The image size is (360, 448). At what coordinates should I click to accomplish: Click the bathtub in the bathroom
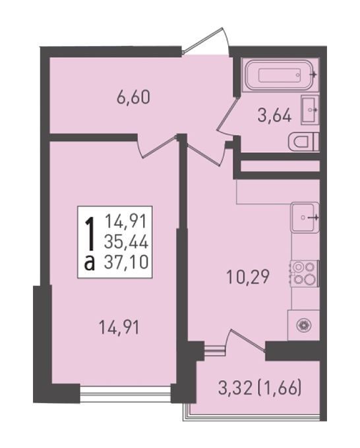[280, 75]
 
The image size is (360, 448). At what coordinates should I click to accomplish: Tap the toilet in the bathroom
[303, 142]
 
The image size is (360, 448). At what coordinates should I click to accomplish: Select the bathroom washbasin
[310, 110]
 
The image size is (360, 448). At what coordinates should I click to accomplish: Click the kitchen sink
[305, 217]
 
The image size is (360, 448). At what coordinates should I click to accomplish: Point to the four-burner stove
[305, 274]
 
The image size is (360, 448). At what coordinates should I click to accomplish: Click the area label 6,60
[133, 98]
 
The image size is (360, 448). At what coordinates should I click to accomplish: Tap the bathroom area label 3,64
[274, 117]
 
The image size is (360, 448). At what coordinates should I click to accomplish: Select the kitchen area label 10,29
[248, 277]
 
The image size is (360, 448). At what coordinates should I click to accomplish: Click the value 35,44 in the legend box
[126, 242]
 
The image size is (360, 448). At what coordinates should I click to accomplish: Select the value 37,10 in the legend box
[126, 262]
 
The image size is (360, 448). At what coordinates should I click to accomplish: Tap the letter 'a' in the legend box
[90, 263]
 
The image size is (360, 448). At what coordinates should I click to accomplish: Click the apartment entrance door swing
[206, 41]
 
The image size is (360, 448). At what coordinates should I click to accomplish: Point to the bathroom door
[227, 117]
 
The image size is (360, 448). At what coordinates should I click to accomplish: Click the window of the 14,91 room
[125, 394]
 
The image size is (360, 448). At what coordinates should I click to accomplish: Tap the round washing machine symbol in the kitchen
[304, 325]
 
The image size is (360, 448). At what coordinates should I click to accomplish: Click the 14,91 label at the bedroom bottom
[119, 327]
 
